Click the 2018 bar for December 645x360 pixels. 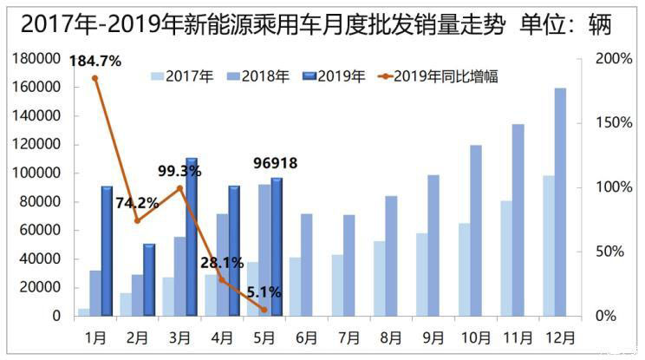point(560,202)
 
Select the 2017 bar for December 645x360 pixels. point(548,245)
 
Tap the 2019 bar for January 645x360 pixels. point(107,251)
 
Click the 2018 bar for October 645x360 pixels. point(475,230)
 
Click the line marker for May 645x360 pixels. point(264,309)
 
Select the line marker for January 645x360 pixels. point(94,78)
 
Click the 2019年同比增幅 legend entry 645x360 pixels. point(438,76)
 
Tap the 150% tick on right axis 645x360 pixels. point(615,122)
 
